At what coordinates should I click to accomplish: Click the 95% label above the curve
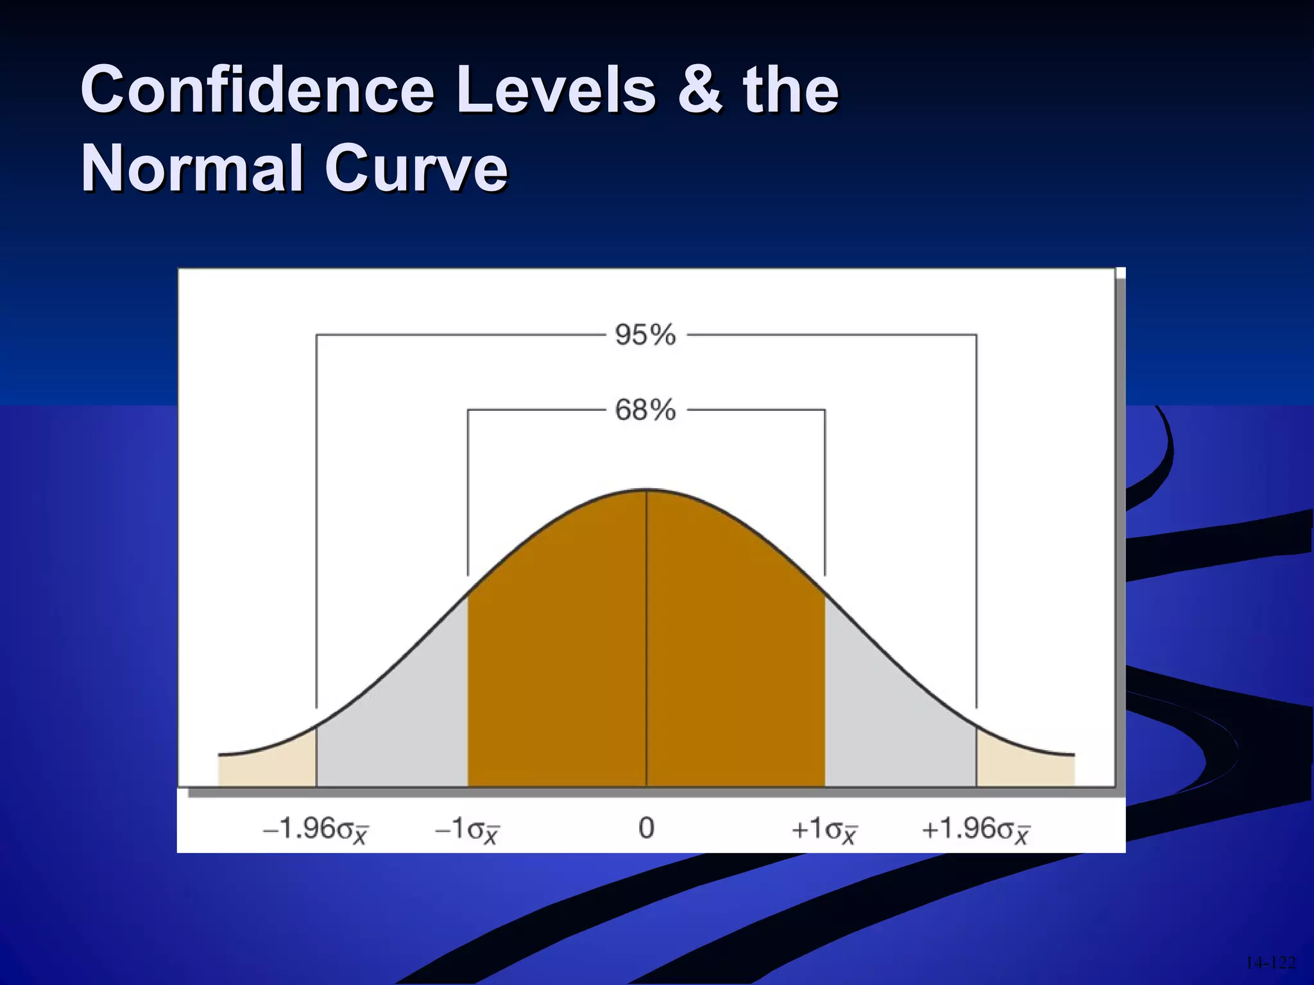645,335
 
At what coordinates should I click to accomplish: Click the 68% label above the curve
645,410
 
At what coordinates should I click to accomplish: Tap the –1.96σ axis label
316,829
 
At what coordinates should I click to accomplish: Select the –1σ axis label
466,829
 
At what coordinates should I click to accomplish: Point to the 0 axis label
646,828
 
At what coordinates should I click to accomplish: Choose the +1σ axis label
824,829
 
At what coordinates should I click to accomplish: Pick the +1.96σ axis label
975,829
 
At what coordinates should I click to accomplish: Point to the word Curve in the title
416,168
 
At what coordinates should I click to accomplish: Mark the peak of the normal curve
646,491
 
